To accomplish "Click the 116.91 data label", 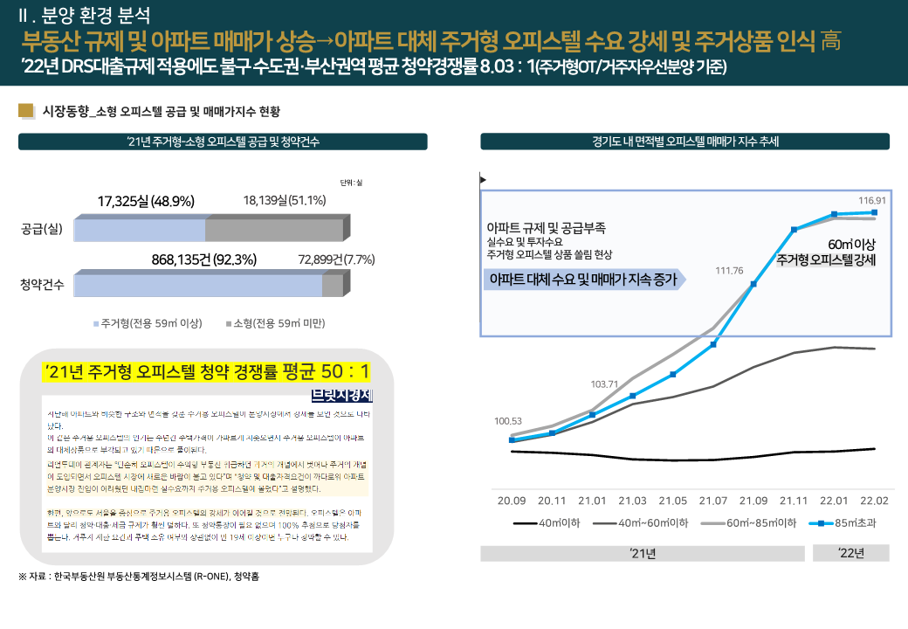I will [873, 199].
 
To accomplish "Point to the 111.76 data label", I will [729, 271].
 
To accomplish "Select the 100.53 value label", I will [508, 421].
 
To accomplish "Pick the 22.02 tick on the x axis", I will [874, 501].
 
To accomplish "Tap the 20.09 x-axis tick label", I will [512, 501].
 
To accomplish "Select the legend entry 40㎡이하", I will [548, 523].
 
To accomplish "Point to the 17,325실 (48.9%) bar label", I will [146, 202].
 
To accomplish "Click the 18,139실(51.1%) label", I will [285, 201].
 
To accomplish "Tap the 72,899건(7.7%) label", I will [336, 259].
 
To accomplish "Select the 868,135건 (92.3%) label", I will [203, 259].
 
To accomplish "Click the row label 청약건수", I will [42, 285].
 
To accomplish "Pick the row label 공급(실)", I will [42, 231].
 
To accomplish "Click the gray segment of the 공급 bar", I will [275, 231].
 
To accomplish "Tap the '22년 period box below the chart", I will [850, 553].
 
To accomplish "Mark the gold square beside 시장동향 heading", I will [25, 110].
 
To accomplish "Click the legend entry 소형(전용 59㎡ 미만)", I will [272, 323].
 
